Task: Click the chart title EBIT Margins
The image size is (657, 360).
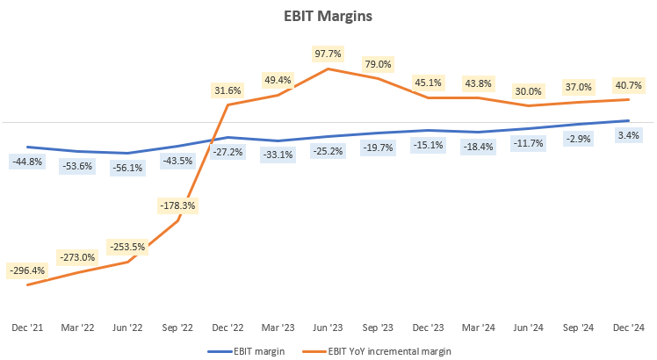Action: tap(328, 15)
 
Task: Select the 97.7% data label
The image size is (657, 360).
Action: tap(328, 53)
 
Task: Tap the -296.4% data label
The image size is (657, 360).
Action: tap(27, 270)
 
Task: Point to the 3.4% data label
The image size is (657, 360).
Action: tap(629, 135)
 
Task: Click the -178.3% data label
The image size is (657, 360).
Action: tap(177, 205)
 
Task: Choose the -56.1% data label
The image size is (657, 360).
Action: tap(127, 168)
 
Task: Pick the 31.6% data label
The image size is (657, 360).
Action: tap(228, 90)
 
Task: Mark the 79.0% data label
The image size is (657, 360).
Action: tap(379, 64)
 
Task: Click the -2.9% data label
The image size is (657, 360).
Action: tap(578, 139)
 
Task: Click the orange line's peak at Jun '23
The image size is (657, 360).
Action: tap(328, 68)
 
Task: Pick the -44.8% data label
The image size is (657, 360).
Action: tap(27, 162)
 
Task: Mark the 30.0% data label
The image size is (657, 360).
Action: tap(528, 90)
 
